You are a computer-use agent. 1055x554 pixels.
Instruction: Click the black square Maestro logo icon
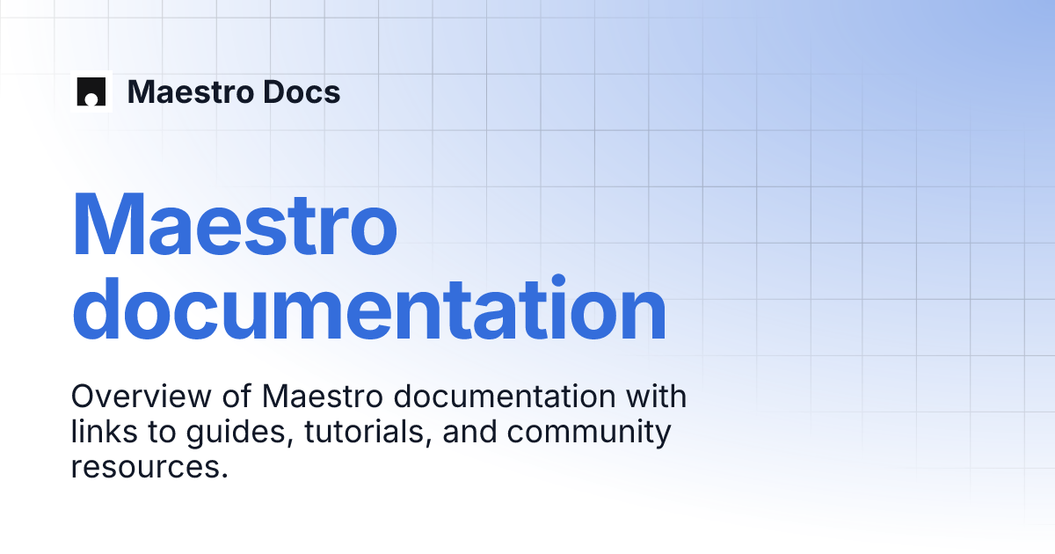(x=91, y=91)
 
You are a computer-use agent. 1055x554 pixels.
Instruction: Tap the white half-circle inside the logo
(x=91, y=99)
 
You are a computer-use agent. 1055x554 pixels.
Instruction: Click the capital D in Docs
(x=252, y=91)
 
